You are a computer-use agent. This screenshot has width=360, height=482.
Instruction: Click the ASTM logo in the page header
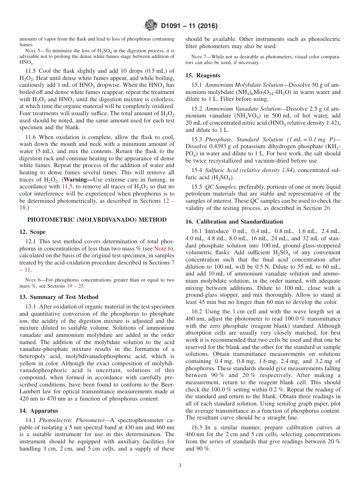tap(151, 26)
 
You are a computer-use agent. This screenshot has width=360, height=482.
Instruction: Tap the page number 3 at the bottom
tap(180, 465)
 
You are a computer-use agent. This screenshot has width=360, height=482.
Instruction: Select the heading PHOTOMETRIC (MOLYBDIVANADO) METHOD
tap(97, 220)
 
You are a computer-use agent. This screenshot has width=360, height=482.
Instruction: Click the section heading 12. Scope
tap(32, 232)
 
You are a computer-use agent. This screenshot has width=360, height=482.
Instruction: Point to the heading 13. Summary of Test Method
tap(59, 297)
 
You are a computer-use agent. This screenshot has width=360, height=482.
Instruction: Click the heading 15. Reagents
tap(203, 75)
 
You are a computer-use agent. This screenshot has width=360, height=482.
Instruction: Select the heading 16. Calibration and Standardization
tap(234, 222)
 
